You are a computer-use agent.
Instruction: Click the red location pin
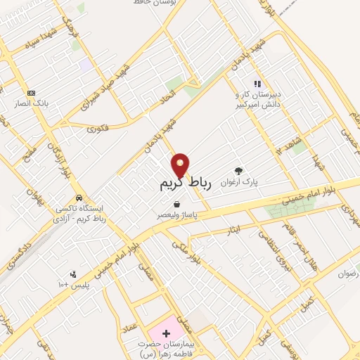(181, 165)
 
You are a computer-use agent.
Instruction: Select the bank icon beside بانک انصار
(31, 94)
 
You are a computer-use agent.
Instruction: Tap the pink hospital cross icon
(166, 331)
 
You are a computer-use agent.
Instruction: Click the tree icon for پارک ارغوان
(239, 170)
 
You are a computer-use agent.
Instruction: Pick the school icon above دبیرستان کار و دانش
(257, 84)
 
